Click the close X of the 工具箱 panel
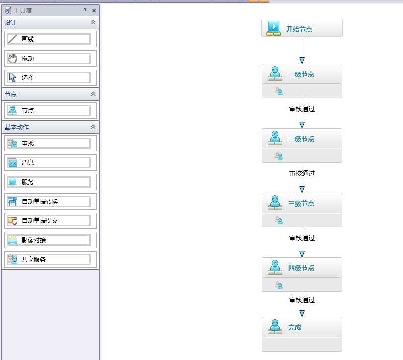pos(94,10)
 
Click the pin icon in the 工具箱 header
pos(85,10)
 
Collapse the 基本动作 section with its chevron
pos(93,127)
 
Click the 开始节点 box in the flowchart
pos(302,28)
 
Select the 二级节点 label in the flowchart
pos(301,139)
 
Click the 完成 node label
pos(295,328)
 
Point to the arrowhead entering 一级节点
pos(302,60)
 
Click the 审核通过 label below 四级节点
pos(302,300)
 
